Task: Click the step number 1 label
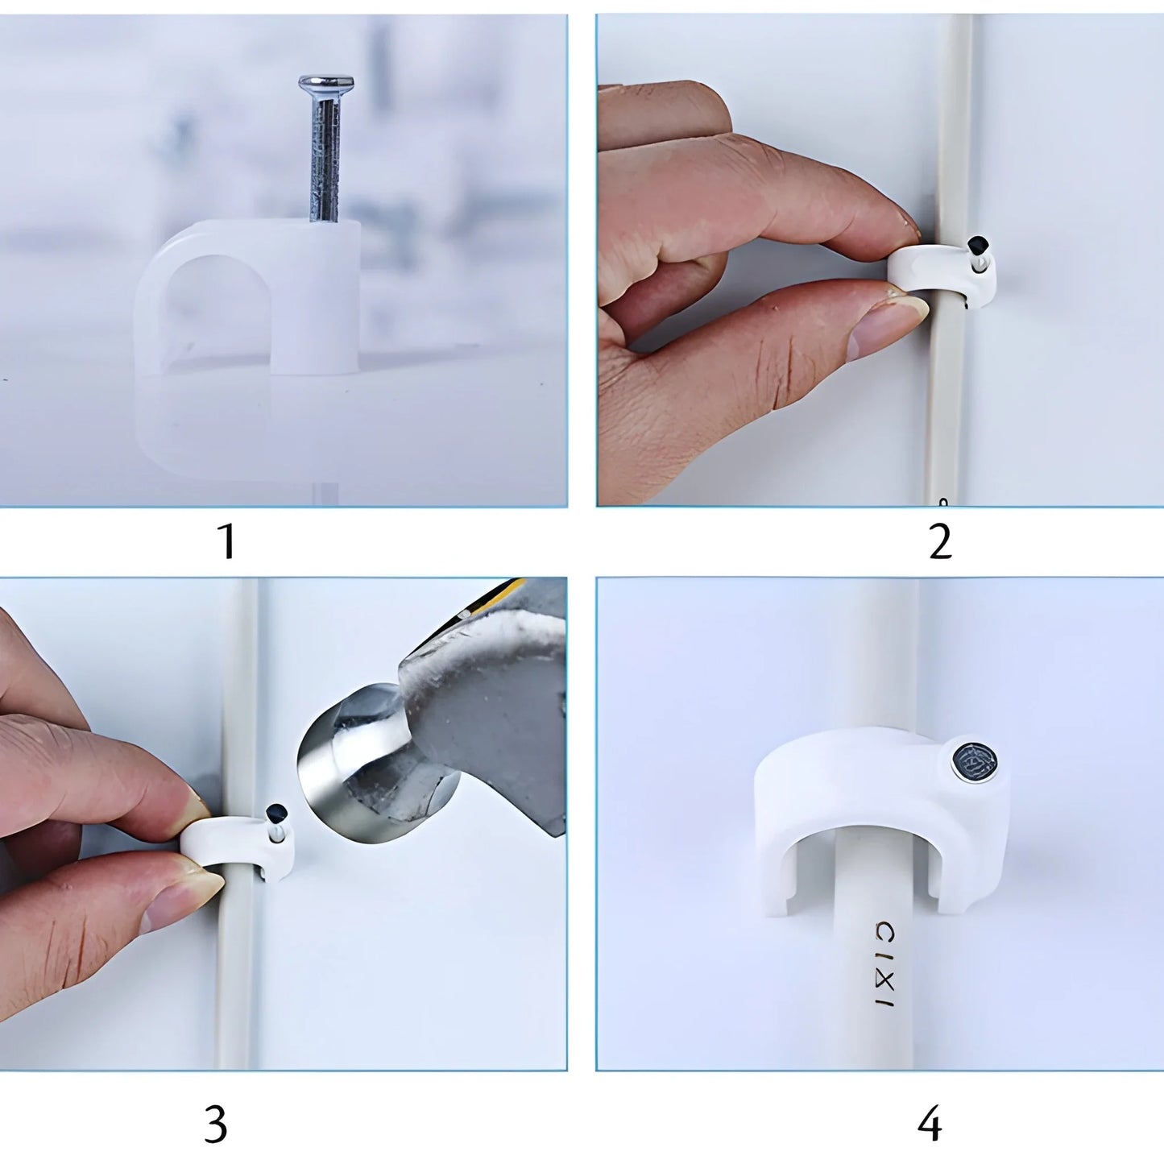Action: tap(227, 541)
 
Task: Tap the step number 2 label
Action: tap(939, 541)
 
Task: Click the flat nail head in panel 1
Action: tap(325, 83)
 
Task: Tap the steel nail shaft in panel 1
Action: tap(325, 161)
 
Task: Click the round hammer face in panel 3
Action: tap(338, 773)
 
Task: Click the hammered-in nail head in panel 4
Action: tap(974, 762)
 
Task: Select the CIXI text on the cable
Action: tap(884, 963)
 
